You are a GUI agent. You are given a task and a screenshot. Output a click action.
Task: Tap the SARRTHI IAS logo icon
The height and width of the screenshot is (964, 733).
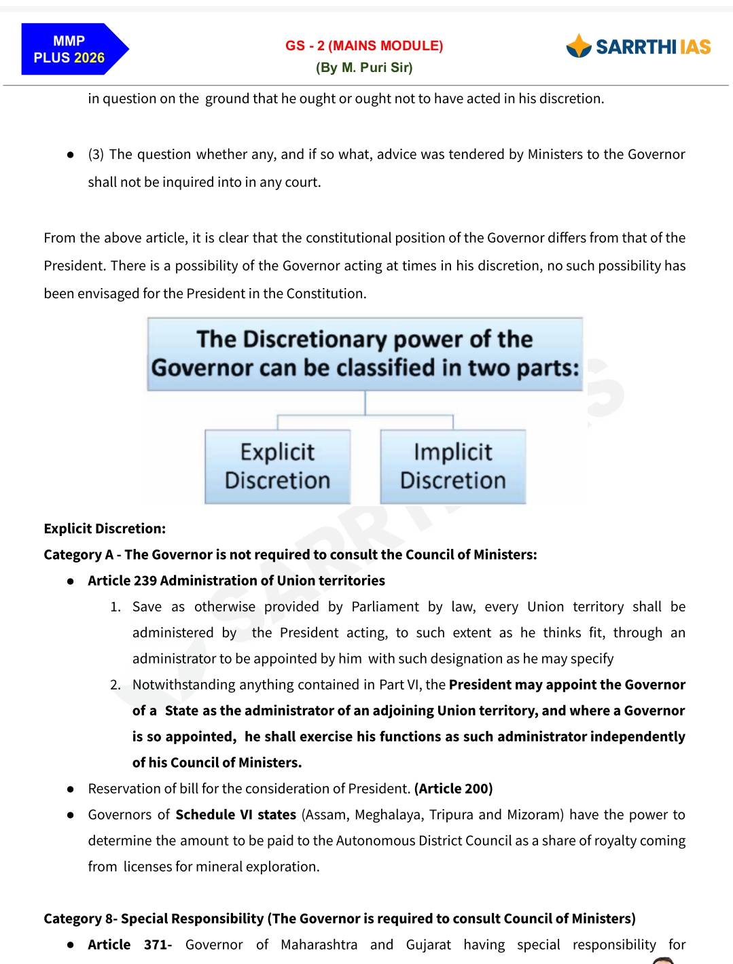579,46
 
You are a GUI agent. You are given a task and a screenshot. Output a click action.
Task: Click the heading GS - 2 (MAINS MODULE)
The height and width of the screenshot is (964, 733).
364,46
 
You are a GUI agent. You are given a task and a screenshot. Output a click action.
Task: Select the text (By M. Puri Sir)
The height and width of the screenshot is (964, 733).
364,67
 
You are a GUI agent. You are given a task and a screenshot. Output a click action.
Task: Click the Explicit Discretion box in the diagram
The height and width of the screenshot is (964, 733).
277,467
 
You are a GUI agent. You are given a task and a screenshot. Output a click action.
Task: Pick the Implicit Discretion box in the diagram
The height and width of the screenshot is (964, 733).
453,467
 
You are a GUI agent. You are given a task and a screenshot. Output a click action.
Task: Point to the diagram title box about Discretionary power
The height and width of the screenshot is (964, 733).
365,354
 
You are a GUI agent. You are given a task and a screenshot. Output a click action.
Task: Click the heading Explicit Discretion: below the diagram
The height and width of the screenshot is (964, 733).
105,529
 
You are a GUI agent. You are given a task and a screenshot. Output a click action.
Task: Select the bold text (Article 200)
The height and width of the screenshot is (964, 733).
453,789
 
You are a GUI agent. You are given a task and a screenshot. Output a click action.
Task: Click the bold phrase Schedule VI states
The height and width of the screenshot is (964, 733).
236,815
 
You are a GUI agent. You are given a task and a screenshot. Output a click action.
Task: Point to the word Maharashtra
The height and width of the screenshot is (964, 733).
319,945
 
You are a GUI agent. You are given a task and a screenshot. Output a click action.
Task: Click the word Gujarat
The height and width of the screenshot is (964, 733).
428,945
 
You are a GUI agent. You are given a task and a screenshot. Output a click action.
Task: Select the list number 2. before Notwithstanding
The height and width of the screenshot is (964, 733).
115,685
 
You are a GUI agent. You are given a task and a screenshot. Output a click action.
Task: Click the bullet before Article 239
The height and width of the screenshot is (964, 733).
71,582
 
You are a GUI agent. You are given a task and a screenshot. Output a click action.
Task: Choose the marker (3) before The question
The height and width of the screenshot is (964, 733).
96,155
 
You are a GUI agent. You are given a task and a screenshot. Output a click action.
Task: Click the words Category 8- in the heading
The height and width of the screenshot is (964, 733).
80,919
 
